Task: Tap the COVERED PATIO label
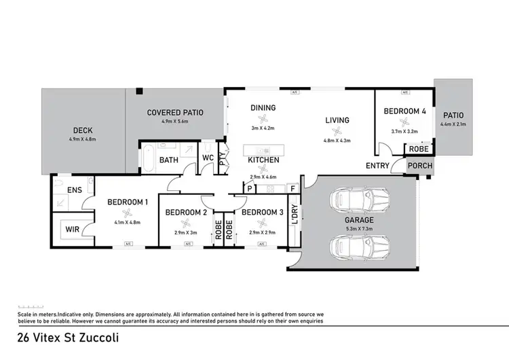(x=175, y=112)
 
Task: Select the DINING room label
(x=263, y=107)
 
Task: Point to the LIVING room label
(x=337, y=120)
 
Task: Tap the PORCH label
(x=419, y=166)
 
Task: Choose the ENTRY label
(x=377, y=166)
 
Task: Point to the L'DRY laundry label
(x=295, y=215)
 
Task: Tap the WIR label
(x=73, y=230)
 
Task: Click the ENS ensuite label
(x=75, y=190)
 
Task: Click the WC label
(x=209, y=159)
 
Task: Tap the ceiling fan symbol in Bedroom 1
(x=127, y=211)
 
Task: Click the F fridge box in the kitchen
(x=293, y=188)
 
